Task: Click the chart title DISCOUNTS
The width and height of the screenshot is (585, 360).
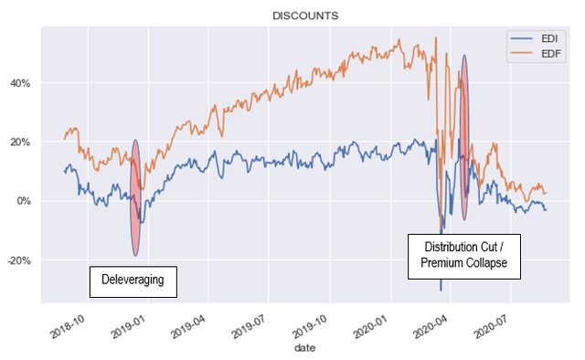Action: coord(305,16)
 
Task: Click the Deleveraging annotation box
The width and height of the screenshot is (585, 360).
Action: coord(133,281)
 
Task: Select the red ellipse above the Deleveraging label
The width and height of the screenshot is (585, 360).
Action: coord(135,197)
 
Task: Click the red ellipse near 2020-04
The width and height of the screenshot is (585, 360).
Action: coord(464,137)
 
